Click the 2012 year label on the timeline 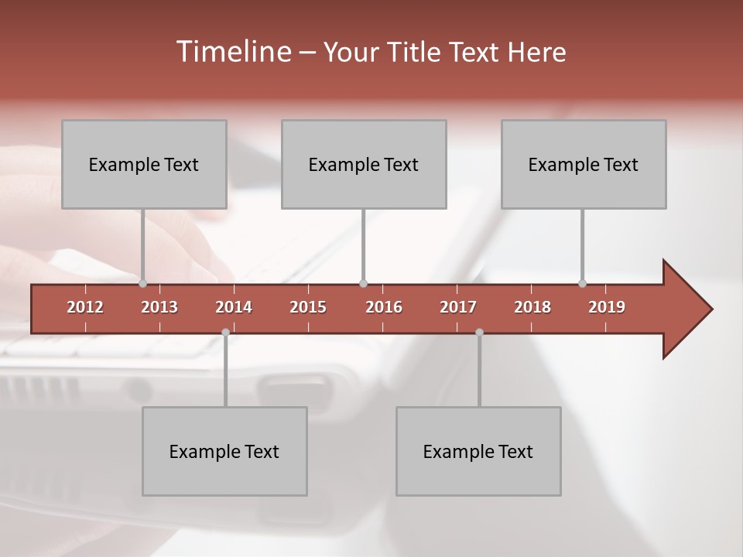click(85, 307)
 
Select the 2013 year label click(159, 307)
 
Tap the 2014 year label click(234, 307)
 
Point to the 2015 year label click(308, 307)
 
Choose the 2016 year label click(384, 307)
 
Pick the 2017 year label click(458, 307)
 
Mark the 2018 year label click(532, 307)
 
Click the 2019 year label click(607, 307)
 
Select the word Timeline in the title click(232, 52)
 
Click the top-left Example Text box click(144, 164)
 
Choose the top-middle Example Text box click(364, 164)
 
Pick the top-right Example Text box click(584, 164)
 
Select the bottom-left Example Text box click(224, 451)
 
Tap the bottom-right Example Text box click(478, 451)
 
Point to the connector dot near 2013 click(143, 283)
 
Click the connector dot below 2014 click(225, 332)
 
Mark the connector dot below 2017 click(479, 332)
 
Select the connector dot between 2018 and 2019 click(583, 283)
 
